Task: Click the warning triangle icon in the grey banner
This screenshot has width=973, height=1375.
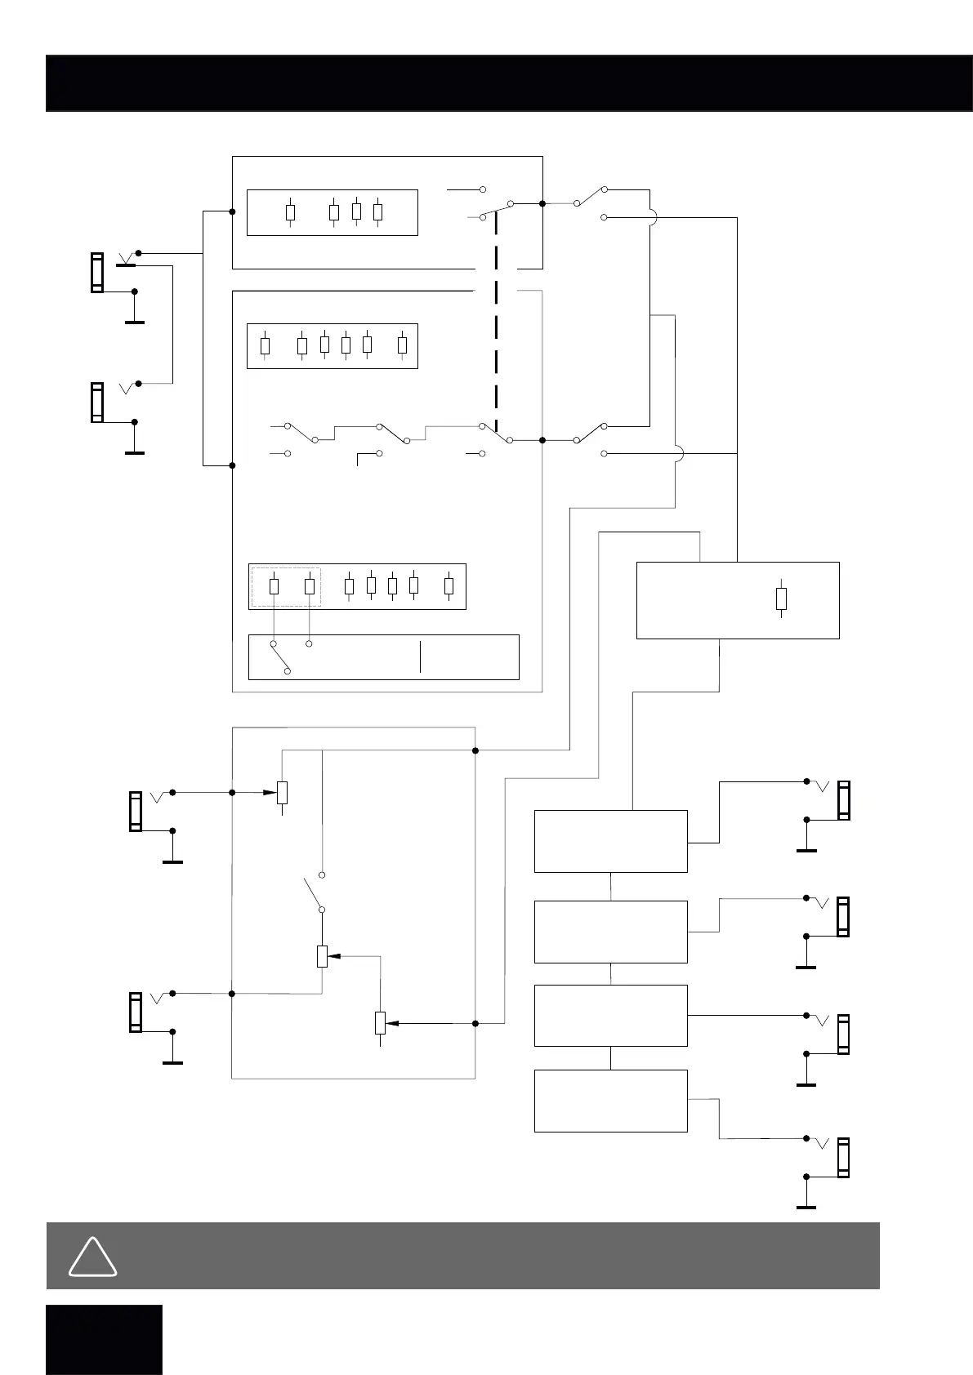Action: click(92, 1258)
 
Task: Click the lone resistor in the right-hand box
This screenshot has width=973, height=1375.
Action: click(781, 599)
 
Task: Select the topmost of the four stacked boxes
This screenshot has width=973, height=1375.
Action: click(610, 841)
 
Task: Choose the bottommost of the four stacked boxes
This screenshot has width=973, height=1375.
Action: click(610, 1100)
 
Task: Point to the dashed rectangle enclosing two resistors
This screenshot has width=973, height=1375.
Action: click(286, 586)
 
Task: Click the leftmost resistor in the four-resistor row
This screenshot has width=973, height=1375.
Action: click(290, 212)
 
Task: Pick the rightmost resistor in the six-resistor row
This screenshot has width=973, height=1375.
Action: click(402, 345)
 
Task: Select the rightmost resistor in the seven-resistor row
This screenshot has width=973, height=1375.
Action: click(449, 585)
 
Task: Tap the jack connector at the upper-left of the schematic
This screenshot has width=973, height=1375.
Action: click(97, 273)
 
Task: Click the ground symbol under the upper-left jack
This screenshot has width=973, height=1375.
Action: click(135, 322)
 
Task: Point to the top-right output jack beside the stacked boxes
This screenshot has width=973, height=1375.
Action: click(843, 800)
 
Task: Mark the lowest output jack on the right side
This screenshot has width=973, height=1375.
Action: click(843, 1157)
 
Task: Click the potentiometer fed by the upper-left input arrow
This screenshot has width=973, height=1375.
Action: click(283, 793)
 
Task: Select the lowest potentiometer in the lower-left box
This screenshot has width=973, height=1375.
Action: click(380, 1022)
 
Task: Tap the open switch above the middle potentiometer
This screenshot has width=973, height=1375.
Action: click(315, 892)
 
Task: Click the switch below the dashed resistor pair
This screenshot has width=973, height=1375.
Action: click(279, 657)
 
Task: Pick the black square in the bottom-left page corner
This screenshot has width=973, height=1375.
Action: click(104, 1339)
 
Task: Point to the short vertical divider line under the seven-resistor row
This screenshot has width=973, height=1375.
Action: click(421, 657)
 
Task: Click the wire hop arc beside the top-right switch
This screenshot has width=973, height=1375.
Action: click(653, 217)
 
